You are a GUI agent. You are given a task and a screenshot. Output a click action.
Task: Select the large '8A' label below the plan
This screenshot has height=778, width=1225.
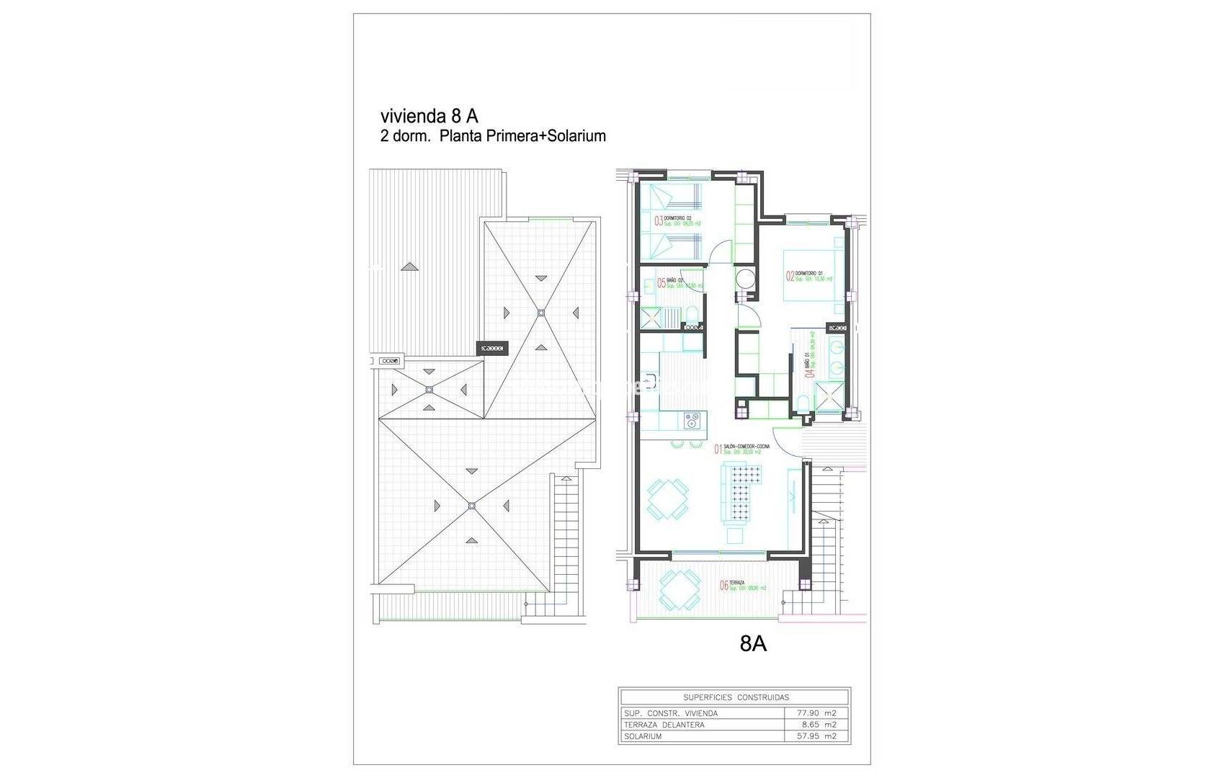pos(753,644)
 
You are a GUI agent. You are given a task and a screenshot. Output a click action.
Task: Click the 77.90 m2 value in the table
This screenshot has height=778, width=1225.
pos(817,713)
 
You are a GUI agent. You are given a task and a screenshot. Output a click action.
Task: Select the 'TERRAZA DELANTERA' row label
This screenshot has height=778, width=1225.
pos(665,725)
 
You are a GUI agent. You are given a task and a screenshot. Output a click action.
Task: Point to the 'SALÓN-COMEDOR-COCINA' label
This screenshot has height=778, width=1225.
pos(742,447)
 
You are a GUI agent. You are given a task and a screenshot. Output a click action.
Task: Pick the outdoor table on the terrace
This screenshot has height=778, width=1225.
pos(678,588)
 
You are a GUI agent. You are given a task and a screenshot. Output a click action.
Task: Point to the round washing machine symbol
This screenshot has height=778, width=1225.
pos(744,279)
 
